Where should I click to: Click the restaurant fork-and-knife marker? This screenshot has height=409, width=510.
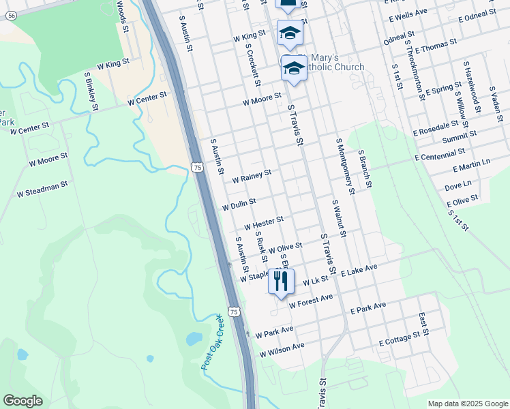(x=281, y=282)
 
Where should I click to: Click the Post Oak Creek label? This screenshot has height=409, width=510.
(x=212, y=342)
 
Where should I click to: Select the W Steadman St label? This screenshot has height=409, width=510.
(x=43, y=189)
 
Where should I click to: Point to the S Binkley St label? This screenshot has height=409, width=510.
(x=91, y=91)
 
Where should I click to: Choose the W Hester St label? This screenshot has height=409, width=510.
(x=263, y=222)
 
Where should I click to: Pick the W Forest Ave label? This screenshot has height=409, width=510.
(x=310, y=301)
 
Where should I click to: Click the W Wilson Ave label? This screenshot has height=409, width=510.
(x=282, y=350)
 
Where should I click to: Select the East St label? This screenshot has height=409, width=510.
(x=424, y=323)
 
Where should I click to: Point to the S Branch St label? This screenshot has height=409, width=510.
(x=364, y=168)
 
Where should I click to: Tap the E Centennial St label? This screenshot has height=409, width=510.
(x=440, y=156)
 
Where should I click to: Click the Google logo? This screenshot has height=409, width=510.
(x=22, y=401)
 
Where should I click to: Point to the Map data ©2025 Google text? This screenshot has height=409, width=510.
(x=467, y=404)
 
